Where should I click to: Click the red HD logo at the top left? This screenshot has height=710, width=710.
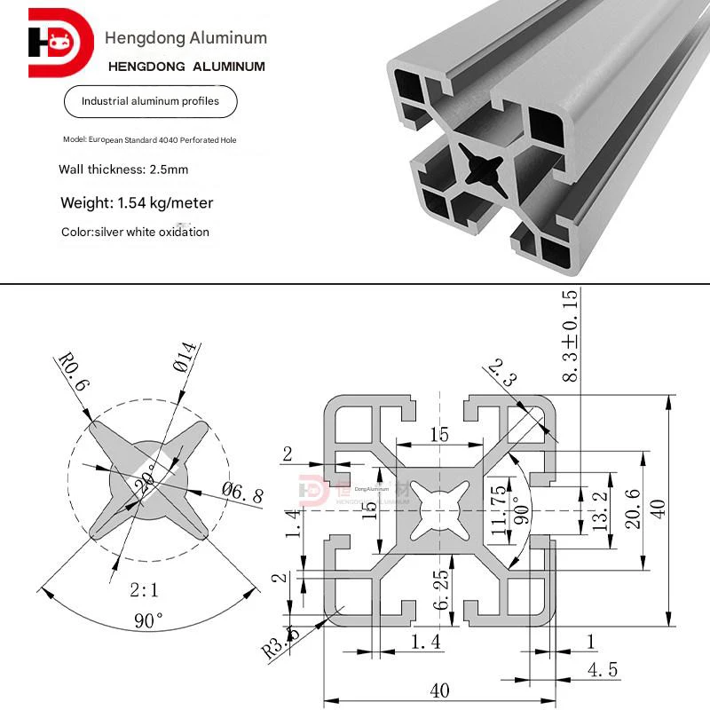click(60, 43)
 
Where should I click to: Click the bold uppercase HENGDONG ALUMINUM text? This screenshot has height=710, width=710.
click(185, 67)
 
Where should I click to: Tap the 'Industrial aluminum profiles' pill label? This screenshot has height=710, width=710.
click(150, 102)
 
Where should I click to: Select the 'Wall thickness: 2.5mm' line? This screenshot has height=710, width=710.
click(123, 169)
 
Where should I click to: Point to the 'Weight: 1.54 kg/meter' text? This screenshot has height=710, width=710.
click(137, 203)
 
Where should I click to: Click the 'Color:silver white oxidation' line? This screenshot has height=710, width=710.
click(135, 233)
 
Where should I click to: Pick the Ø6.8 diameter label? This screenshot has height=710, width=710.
click(241, 493)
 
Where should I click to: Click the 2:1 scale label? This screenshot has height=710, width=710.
click(146, 588)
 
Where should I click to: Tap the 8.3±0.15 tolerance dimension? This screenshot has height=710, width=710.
click(569, 336)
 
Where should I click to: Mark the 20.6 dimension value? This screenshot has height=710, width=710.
click(631, 509)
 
